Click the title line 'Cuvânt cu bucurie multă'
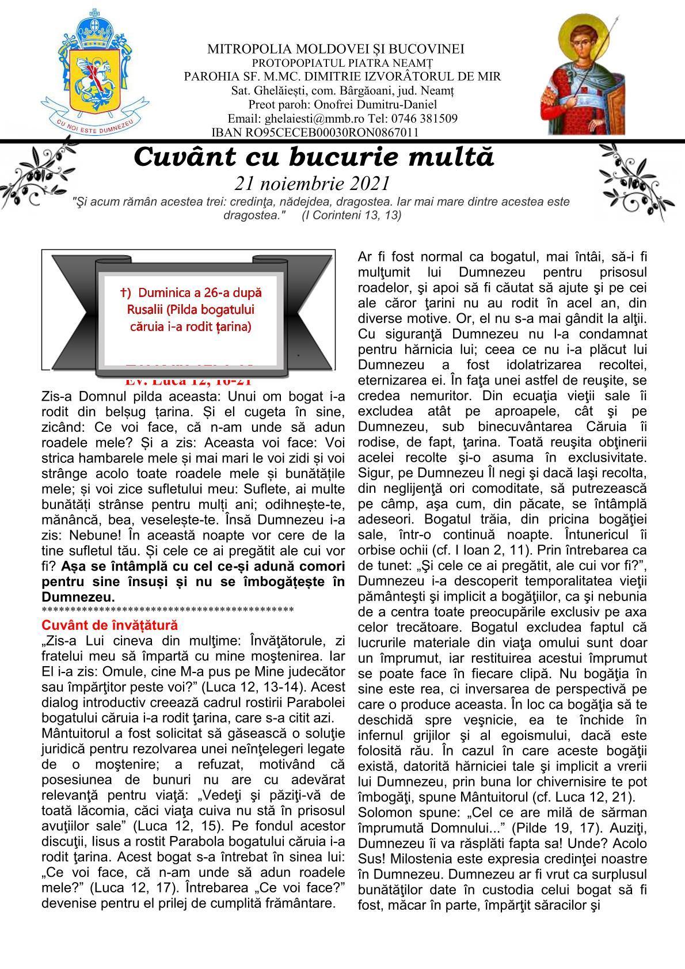pyautogui.click(x=314, y=157)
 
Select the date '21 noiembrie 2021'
pyautogui.click(x=313, y=183)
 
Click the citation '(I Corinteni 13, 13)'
pyautogui.click(x=351, y=215)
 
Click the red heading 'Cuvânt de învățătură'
pyautogui.click(x=110, y=625)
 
